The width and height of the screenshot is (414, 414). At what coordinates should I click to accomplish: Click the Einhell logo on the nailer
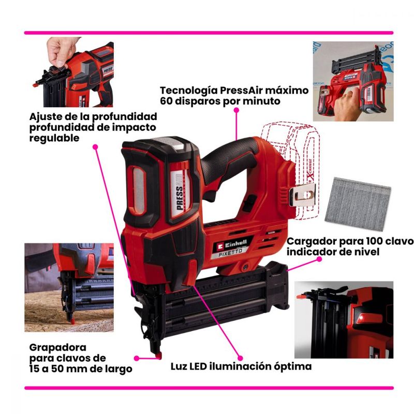pyautogui.click(x=232, y=244)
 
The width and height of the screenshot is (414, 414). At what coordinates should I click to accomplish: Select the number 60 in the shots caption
pyautogui.click(x=166, y=101)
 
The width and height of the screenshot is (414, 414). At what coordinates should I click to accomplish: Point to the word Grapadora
pyautogui.click(x=58, y=347)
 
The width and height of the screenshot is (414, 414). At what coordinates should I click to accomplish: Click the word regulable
pyautogui.click(x=54, y=138)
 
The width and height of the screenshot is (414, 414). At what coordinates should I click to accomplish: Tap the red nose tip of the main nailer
pyautogui.click(x=158, y=356)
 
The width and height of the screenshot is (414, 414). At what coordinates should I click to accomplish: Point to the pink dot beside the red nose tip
pyautogui.click(x=137, y=358)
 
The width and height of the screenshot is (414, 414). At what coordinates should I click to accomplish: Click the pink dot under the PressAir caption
pyautogui.click(x=236, y=110)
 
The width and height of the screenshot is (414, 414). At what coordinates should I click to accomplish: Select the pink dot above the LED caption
pyautogui.click(x=240, y=358)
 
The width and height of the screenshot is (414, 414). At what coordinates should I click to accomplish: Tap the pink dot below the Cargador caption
pyautogui.click(x=319, y=259)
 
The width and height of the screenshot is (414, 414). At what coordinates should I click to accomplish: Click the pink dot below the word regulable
pyautogui.click(x=95, y=147)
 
